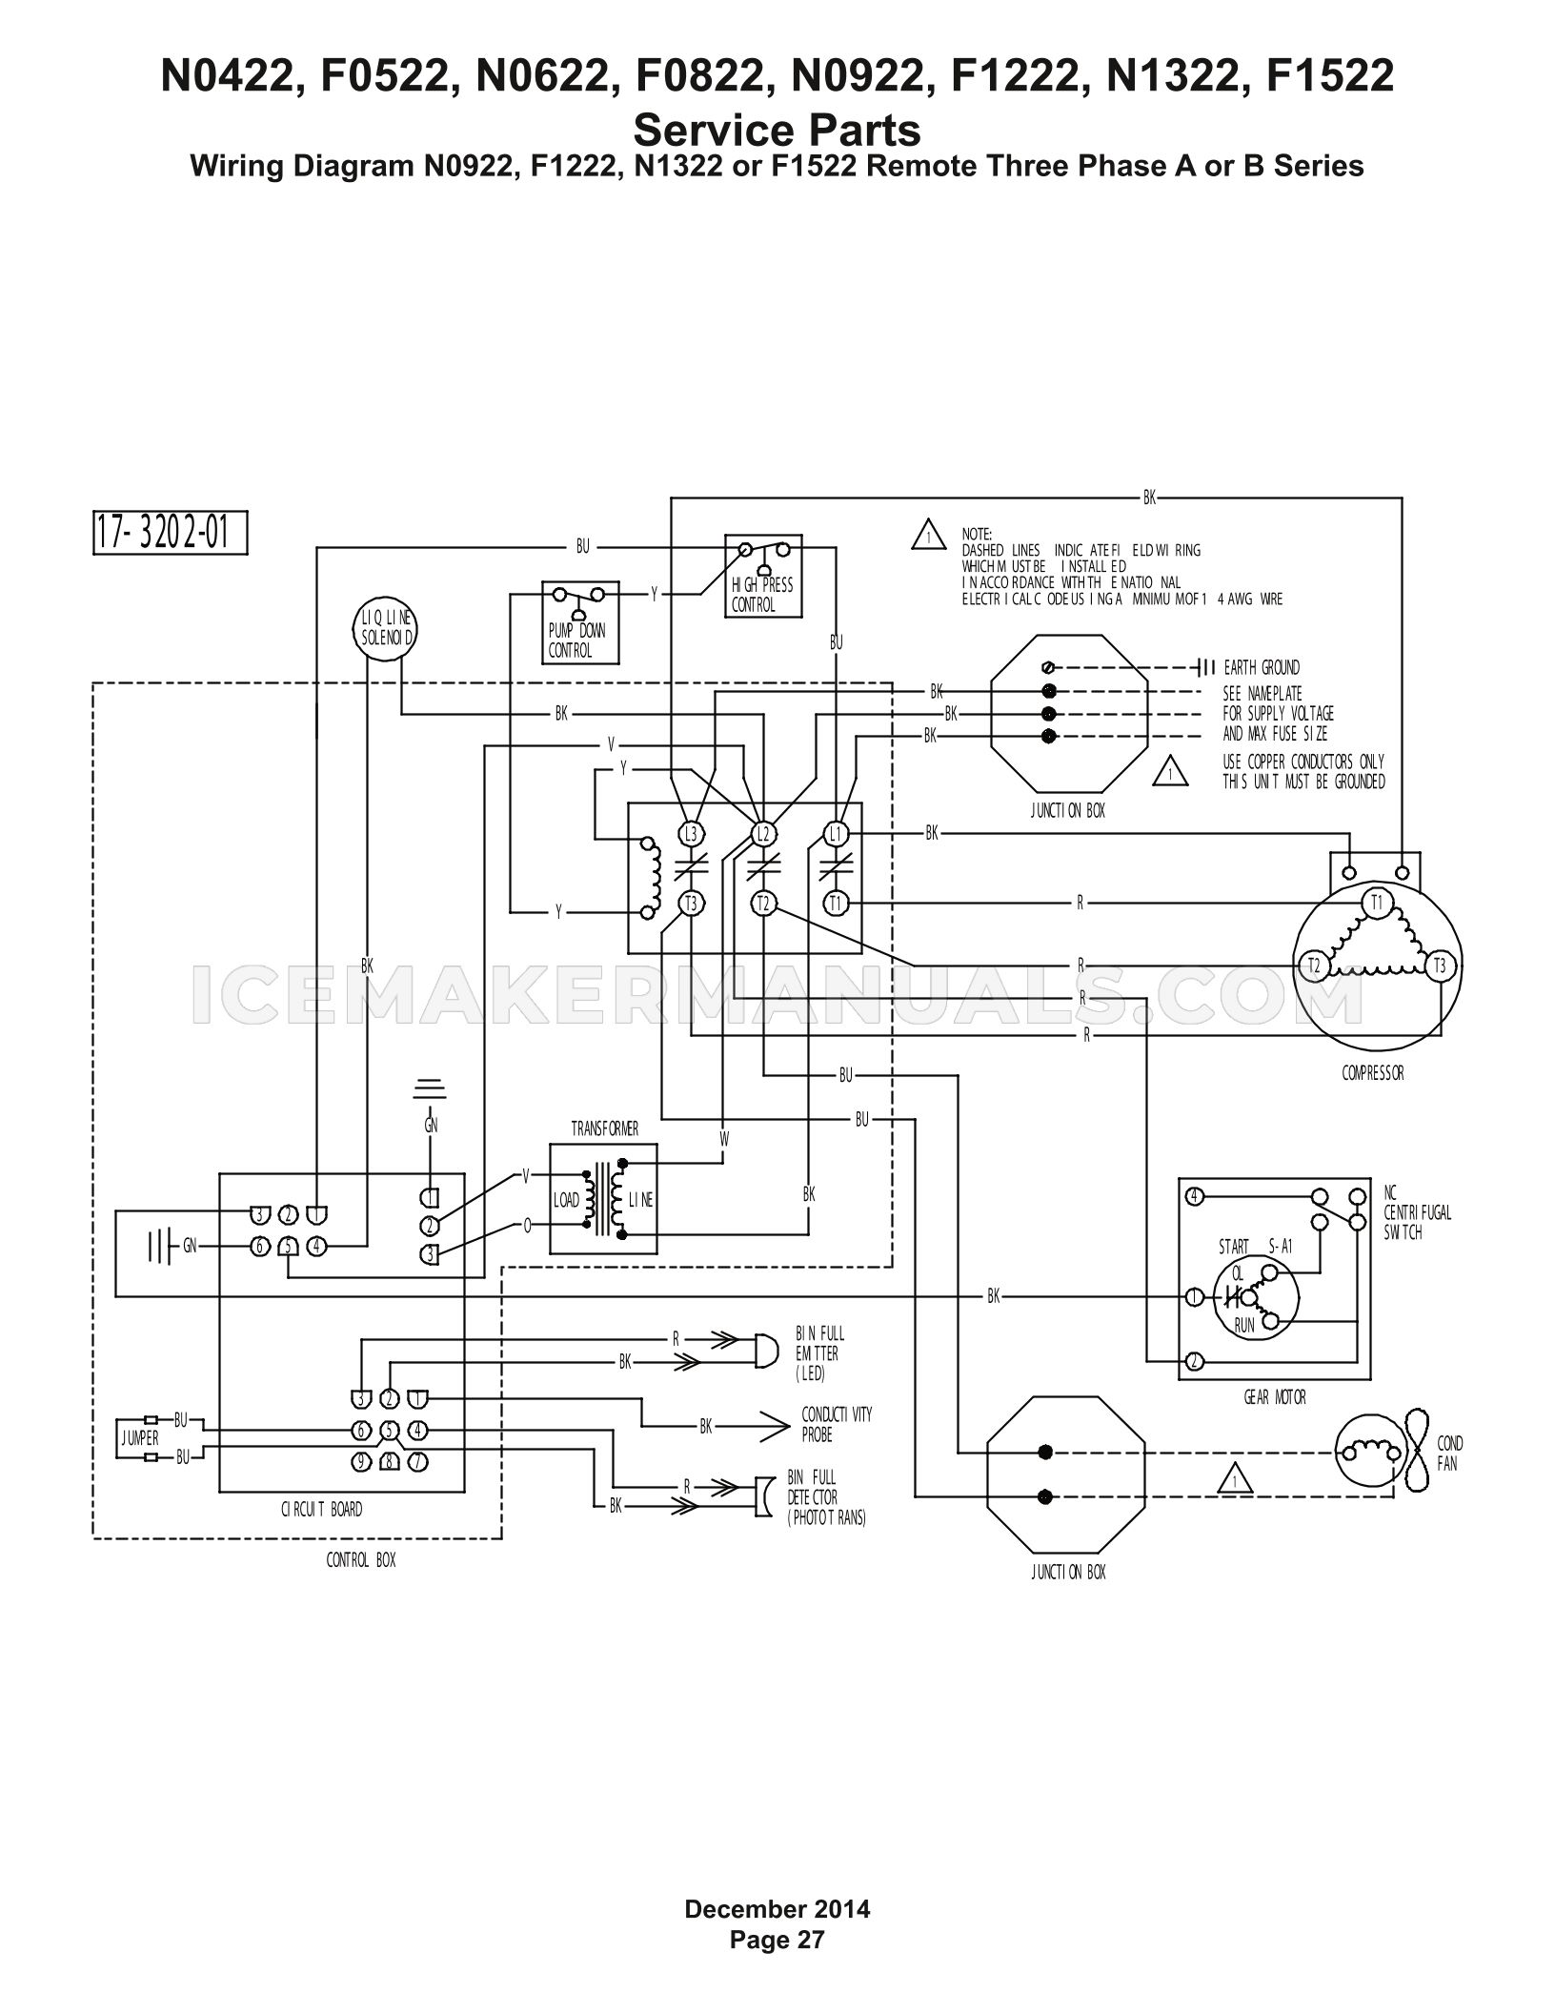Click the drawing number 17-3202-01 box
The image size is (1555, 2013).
(170, 533)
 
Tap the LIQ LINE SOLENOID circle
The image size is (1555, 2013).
(385, 629)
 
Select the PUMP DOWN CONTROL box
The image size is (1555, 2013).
(580, 622)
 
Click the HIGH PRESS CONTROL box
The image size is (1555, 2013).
(763, 576)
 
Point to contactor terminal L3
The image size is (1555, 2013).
(691, 834)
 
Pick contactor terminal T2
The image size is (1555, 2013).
(763, 904)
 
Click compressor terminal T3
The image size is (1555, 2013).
(1440, 966)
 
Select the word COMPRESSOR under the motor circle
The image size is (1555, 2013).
(1373, 1073)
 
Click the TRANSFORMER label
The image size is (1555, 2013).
(605, 1129)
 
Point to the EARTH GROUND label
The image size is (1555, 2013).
(1262, 667)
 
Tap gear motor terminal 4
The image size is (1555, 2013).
(1193, 1196)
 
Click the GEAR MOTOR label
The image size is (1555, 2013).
(1275, 1397)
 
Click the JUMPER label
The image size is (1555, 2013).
(140, 1438)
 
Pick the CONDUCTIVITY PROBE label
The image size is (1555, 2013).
(837, 1424)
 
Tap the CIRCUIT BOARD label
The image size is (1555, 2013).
(321, 1510)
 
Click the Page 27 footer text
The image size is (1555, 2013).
(777, 1940)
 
